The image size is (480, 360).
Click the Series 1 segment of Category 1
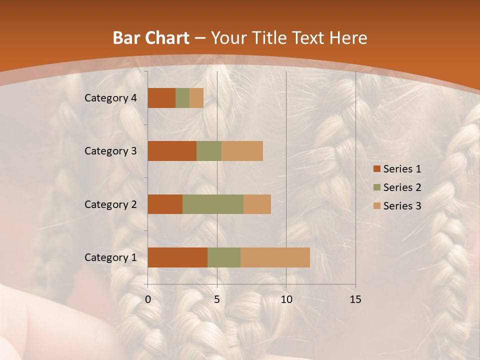[177, 257]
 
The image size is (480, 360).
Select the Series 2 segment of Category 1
[224, 257]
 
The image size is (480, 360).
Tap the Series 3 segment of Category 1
[275, 257]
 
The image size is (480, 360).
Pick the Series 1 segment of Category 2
[165, 204]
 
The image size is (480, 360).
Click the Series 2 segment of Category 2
[213, 204]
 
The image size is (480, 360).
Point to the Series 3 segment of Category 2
[257, 204]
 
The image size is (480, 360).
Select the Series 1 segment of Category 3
[172, 151]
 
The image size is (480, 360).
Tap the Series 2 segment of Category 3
[209, 151]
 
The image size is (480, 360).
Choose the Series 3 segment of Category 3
[242, 151]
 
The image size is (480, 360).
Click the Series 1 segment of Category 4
[161, 98]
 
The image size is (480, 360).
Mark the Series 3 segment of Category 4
[196, 98]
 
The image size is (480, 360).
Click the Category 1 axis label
[110, 257]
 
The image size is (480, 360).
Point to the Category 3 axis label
[110, 151]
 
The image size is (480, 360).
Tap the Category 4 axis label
[110, 98]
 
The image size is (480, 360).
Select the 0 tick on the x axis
[148, 299]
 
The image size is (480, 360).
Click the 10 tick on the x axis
[286, 299]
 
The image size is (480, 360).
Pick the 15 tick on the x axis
[355, 299]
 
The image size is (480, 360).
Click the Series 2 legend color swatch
[376, 187]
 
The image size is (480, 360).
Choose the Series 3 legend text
[402, 206]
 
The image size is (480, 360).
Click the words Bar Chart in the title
[150, 38]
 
